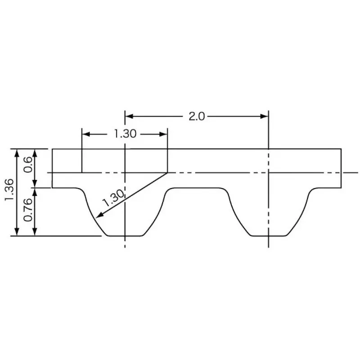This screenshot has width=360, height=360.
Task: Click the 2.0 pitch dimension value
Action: coord(196,116)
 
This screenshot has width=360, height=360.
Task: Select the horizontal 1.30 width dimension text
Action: coord(125,134)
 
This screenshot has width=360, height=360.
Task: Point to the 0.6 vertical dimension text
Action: coord(27,164)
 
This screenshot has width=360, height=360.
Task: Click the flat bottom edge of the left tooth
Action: coord(125,235)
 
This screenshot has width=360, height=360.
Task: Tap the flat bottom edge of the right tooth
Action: coord(268,235)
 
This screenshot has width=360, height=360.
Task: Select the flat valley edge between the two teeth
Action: coord(196,188)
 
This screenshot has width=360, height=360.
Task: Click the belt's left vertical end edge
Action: coord(52,167)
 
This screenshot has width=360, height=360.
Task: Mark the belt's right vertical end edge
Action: coord(341,167)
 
